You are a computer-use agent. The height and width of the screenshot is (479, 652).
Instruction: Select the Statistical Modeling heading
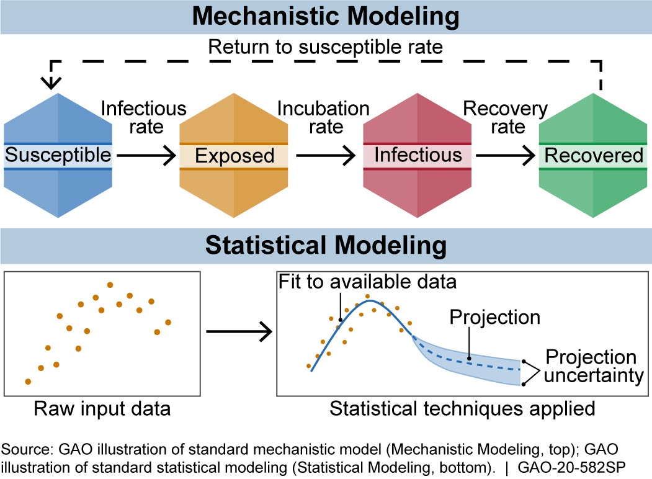tap(326, 245)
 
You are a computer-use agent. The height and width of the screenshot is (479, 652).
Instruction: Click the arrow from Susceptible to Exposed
tap(146, 156)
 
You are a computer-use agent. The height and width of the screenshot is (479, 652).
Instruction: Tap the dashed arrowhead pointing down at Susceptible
tap(50, 81)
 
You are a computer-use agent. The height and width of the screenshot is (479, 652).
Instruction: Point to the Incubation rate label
tap(323, 117)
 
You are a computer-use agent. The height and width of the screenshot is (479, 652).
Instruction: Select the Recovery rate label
tap(506, 117)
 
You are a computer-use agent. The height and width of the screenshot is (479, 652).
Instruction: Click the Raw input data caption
tap(102, 409)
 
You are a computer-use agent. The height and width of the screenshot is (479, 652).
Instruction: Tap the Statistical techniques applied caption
tap(462, 409)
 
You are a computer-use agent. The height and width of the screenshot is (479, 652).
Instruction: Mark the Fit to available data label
tap(368, 282)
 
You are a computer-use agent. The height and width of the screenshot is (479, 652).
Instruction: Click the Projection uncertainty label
tap(591, 367)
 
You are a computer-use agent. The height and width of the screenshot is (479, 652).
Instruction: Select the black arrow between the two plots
tap(239, 331)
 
